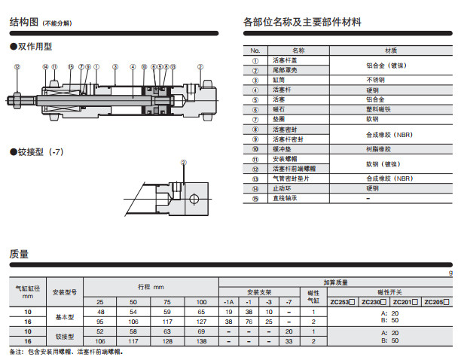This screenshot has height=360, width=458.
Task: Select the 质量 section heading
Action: pyautogui.click(x=19, y=254)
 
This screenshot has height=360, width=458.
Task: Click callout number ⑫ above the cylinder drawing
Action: pyautogui.click(x=17, y=67)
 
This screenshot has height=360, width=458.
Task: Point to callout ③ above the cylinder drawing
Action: pyautogui.click(x=114, y=67)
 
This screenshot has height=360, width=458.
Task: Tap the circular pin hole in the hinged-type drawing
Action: pyautogui.click(x=194, y=200)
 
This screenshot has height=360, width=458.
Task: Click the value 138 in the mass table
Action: pyautogui.click(x=201, y=340)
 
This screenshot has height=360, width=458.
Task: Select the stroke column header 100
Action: pyautogui.click(x=201, y=301)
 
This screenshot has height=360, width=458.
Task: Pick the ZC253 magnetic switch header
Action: pyautogui.click(x=343, y=301)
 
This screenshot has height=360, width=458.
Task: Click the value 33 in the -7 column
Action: pyautogui.click(x=289, y=340)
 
